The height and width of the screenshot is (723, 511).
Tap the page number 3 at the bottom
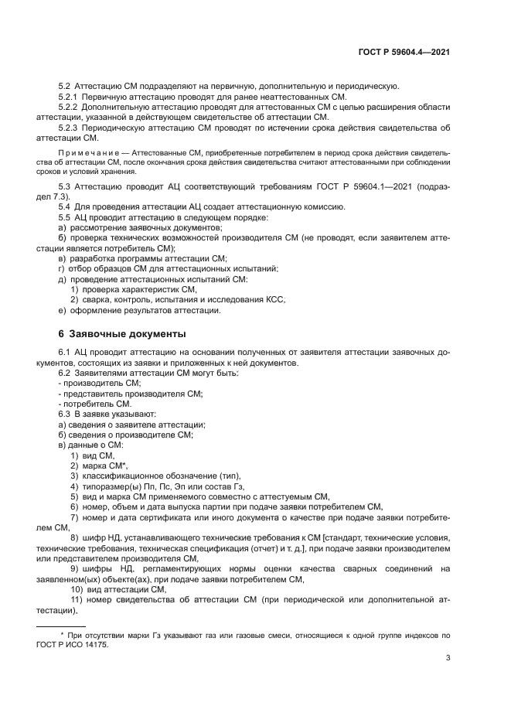(448, 660)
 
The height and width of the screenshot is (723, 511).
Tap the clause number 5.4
(65, 208)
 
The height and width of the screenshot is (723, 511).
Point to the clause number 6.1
(65, 353)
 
